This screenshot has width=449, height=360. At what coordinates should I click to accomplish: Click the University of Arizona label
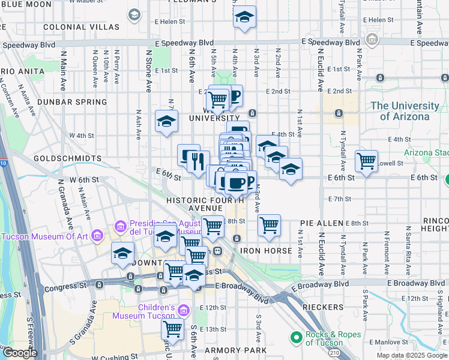(x=405, y=111)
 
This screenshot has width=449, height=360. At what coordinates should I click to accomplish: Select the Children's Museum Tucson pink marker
(x=184, y=310)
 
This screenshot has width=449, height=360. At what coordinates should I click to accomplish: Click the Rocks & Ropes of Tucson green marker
(x=296, y=339)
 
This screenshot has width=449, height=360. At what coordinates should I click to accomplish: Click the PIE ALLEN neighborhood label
(x=321, y=223)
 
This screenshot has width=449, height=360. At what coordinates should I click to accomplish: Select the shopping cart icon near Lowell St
(x=366, y=160)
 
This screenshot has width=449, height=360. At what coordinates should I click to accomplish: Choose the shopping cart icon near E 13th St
(x=173, y=328)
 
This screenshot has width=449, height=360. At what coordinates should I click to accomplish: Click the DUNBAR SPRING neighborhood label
(x=72, y=102)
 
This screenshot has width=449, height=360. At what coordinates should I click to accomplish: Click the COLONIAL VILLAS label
(x=73, y=27)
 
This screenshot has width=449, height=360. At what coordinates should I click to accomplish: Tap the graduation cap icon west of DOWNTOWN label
(x=122, y=253)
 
